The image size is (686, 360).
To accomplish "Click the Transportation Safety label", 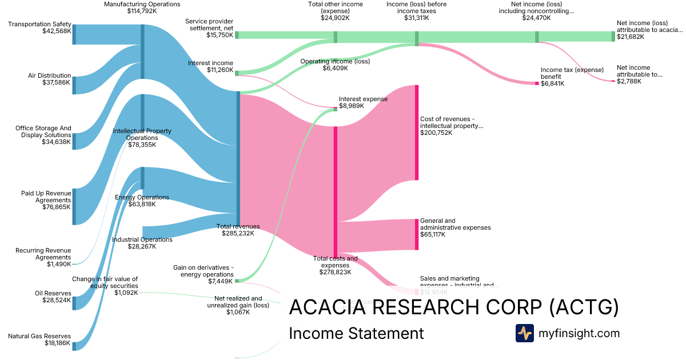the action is pyautogui.click(x=39, y=24).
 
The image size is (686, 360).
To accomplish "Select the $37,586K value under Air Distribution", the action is pyautogui.click(x=57, y=83).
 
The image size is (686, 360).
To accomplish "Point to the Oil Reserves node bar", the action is pyautogui.click(x=74, y=303).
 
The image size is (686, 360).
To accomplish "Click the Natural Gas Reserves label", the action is pyautogui.click(x=39, y=336).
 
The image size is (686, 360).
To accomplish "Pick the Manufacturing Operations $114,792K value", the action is pyautogui.click(x=142, y=11).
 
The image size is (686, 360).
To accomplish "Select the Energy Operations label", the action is pyautogui.click(x=142, y=197).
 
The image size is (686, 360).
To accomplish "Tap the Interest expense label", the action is pyautogui.click(x=363, y=99).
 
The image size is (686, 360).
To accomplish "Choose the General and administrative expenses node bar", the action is pyautogui.click(x=417, y=234).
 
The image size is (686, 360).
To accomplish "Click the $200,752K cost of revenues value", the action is pyautogui.click(x=436, y=133).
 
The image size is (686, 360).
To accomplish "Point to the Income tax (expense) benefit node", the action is pyautogui.click(x=537, y=83).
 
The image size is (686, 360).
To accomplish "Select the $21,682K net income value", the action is pyautogui.click(x=630, y=37).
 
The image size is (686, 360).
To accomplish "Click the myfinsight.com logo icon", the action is pyautogui.click(x=524, y=333).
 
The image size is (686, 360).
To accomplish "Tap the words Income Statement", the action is pyautogui.click(x=356, y=333).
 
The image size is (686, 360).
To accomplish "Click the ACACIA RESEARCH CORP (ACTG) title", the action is pyautogui.click(x=454, y=307).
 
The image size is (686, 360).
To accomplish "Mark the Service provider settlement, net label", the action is pyautogui.click(x=209, y=25).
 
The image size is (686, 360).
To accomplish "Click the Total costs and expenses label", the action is pyautogui.click(x=335, y=262).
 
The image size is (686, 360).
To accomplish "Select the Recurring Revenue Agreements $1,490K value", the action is pyautogui.click(x=59, y=264).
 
